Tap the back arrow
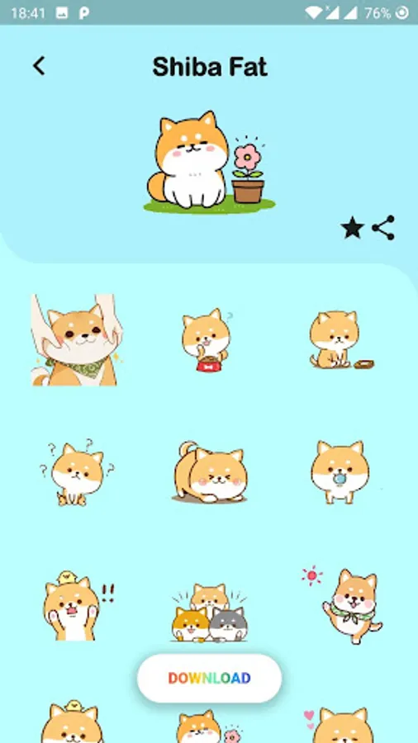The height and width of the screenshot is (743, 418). point(39,66)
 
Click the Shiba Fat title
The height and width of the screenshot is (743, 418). point(210,68)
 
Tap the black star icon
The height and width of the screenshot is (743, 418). point(352,228)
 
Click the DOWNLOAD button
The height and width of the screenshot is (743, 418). point(210,678)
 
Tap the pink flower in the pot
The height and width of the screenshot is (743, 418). point(247,157)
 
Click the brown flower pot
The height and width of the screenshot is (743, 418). point(247,191)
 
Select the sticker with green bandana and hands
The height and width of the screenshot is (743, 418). point(75,340)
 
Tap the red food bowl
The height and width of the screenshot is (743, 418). point(209,364)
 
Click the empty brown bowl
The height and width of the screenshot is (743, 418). point(363,364)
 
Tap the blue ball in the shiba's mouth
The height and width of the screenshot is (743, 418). point(340,479)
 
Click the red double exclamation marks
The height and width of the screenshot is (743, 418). point(107,593)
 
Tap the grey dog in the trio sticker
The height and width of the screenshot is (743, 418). point(228,623)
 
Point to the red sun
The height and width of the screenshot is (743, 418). point(311,575)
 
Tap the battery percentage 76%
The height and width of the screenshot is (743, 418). point(378,12)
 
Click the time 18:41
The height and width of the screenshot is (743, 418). point(28,12)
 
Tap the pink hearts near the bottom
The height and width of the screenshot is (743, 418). point(309,719)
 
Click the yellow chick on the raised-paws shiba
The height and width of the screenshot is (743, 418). point(67,577)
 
